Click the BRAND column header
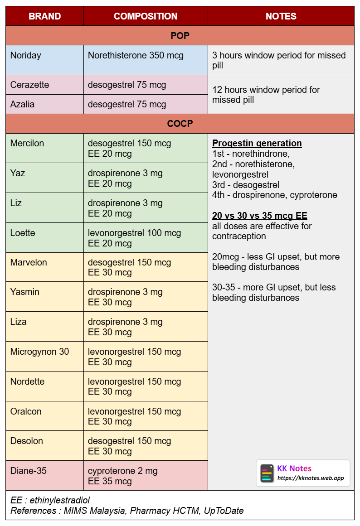point(44,16)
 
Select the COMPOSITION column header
point(146,16)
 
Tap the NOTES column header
point(281,16)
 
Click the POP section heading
point(180,36)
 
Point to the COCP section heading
point(180,124)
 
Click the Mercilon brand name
point(27,143)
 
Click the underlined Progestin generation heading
point(257,143)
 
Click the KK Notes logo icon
point(267,473)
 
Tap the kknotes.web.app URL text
point(311,478)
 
